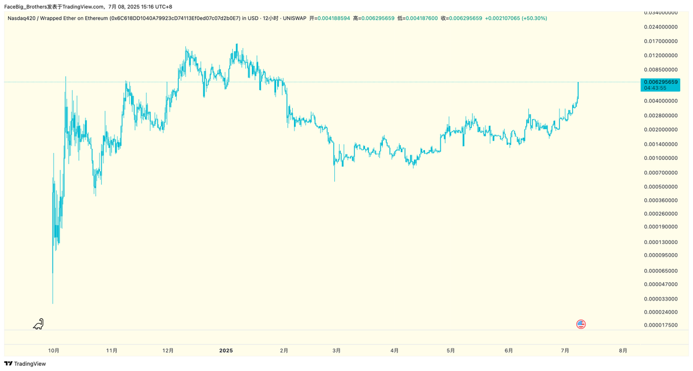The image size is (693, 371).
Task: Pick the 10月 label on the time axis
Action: (x=54, y=350)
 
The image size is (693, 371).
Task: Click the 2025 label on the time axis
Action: (x=226, y=350)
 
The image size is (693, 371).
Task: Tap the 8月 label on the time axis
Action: (x=623, y=350)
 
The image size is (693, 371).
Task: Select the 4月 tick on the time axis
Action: (x=394, y=350)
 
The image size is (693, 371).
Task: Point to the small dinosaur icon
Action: (x=38, y=324)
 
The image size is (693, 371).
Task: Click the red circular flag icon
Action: (x=581, y=324)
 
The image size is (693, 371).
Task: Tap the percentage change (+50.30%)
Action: (x=534, y=18)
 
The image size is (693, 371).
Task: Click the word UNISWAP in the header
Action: (x=295, y=18)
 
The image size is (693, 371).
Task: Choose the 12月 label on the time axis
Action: (x=168, y=350)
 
